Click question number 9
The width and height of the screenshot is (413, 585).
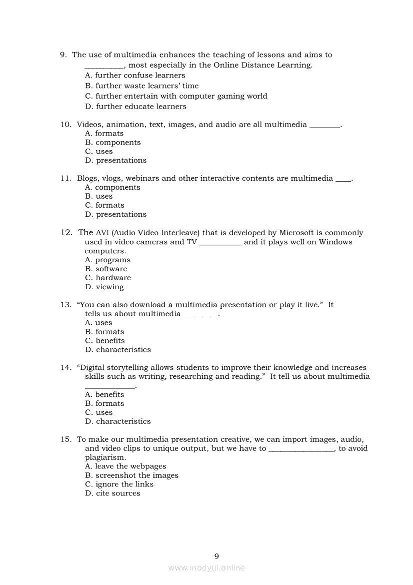coord(63,55)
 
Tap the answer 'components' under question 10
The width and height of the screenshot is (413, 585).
coord(118,143)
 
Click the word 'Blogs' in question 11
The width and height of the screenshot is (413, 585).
coord(87,178)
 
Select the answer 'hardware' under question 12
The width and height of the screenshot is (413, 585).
coord(113,278)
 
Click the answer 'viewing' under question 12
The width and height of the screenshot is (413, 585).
coord(109,287)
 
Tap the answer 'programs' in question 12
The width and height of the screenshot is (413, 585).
coord(113,260)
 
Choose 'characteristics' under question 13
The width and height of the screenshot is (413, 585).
coord(123,350)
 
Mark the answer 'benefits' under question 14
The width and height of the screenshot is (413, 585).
coord(109,395)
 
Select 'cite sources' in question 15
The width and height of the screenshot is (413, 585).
coord(118,493)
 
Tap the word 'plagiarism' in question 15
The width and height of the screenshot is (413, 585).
coord(104,457)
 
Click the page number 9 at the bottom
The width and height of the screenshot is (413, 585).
coord(216,556)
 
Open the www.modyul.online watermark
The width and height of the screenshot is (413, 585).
coord(206,568)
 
